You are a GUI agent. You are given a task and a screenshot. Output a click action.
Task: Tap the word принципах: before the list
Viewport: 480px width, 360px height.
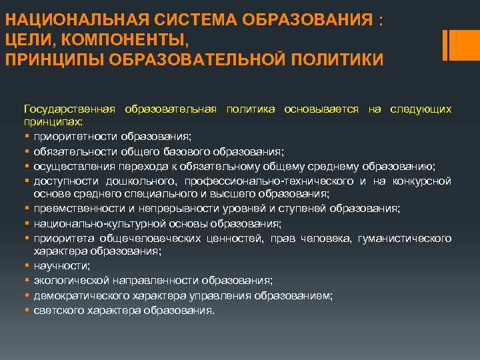pyautogui.click(x=53, y=123)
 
